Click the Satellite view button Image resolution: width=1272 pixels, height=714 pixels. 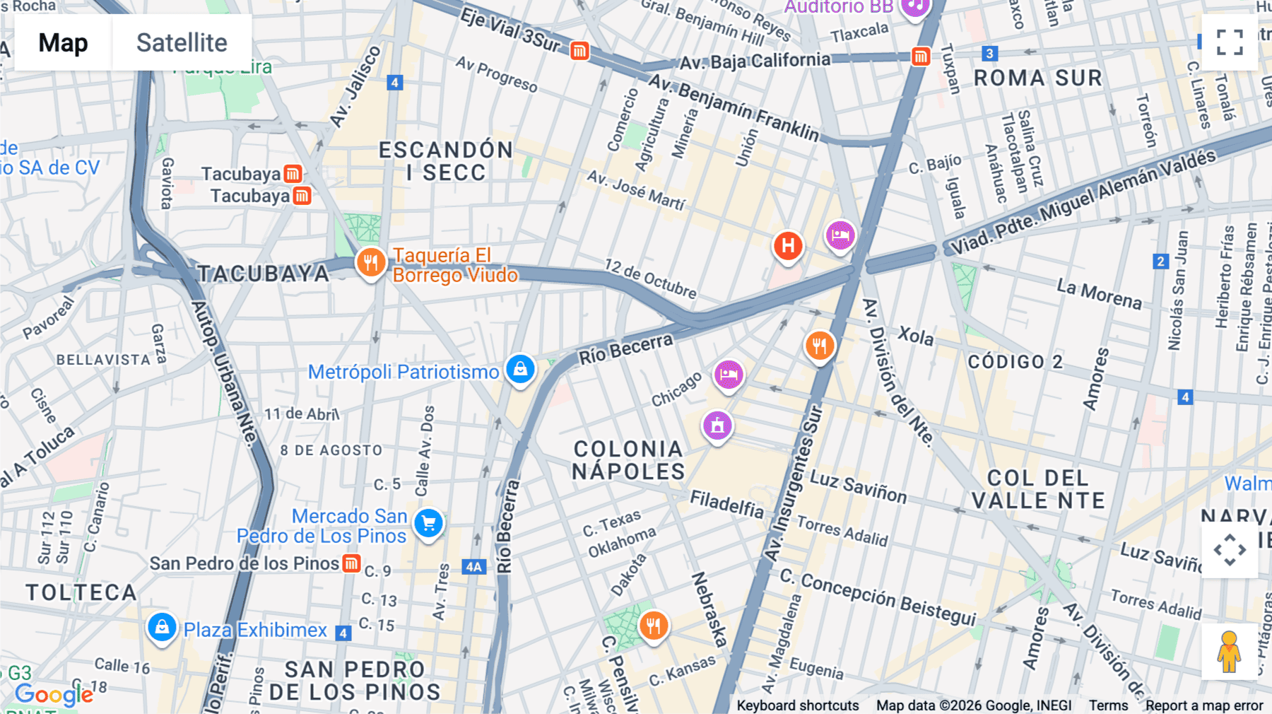coord(182,42)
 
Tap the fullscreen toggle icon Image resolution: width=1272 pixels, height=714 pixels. coord(1230,42)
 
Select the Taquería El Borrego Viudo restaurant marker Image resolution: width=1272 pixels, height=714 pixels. coord(370,263)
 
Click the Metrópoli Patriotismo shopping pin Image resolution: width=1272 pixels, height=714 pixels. coord(520,370)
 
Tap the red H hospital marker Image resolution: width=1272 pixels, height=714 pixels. coord(787,247)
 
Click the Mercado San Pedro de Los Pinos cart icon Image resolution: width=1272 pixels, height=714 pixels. coord(428,525)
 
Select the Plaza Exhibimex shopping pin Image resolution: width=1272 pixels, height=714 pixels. coord(162,628)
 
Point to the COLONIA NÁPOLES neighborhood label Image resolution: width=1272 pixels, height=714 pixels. coord(628,460)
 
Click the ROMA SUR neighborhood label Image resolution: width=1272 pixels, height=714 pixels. coord(1037,78)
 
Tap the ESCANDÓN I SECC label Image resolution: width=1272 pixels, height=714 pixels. coord(445,161)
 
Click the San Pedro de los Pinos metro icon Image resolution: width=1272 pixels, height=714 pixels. coord(351,563)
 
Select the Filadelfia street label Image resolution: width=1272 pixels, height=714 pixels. coord(726,503)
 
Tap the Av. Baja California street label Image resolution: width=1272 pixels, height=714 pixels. coord(755,61)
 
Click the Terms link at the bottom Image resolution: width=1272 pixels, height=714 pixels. coord(1108,705)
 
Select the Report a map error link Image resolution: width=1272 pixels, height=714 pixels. coord(1204,705)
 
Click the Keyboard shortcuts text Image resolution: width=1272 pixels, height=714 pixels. coord(797,705)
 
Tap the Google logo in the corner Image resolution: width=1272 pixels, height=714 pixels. coord(54,695)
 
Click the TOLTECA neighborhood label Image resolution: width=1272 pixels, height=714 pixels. coord(81,592)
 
